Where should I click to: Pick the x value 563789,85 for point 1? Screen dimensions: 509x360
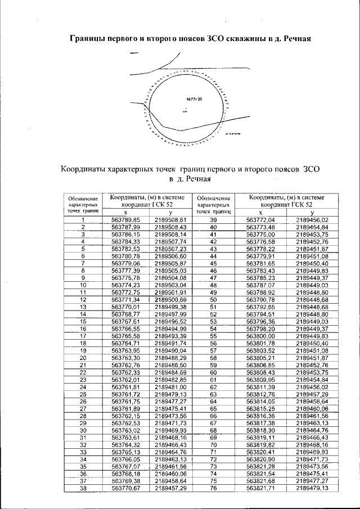point(125,219)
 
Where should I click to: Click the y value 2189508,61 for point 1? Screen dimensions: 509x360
point(170,219)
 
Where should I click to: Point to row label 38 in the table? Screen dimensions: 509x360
point(83,489)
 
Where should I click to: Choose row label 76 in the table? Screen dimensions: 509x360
point(213,489)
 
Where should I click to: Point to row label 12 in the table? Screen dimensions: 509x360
point(83,300)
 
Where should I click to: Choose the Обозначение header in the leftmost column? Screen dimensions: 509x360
point(83,199)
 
